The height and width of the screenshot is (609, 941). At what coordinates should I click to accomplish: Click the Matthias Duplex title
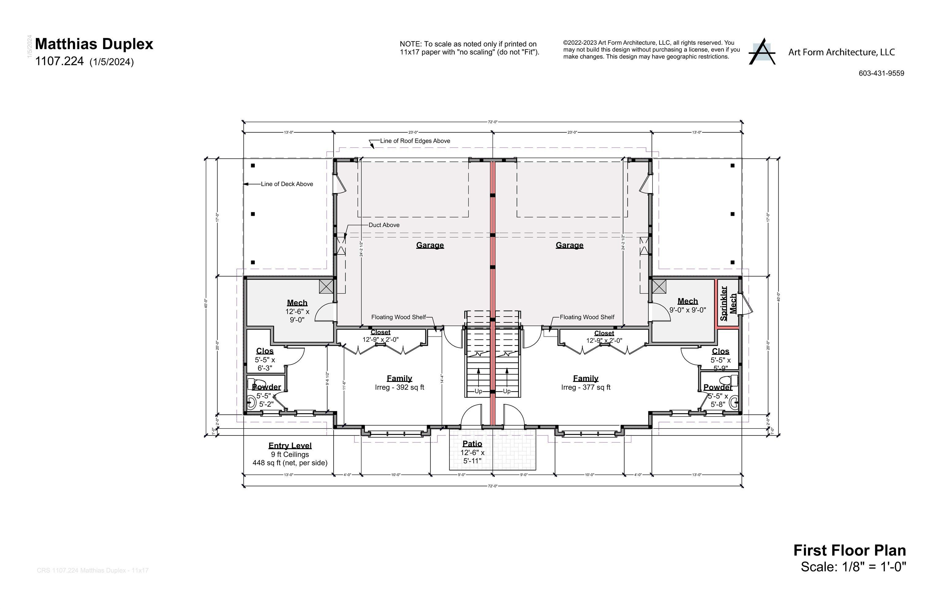(94, 44)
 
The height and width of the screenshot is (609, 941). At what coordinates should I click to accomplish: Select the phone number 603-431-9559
(881, 73)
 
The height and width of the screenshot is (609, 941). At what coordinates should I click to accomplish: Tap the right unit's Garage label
(569, 245)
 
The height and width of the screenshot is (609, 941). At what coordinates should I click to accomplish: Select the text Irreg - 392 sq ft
(399, 387)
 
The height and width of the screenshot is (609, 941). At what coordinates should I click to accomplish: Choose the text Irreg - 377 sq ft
(585, 387)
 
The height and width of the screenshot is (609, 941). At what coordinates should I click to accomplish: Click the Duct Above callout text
(384, 225)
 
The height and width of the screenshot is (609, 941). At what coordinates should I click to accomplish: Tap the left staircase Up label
(478, 391)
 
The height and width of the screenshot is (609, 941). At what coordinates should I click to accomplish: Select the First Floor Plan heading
(849, 550)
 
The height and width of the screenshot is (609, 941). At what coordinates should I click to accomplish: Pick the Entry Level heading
(290, 446)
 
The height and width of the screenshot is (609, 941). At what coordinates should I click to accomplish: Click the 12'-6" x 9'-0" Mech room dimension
(297, 316)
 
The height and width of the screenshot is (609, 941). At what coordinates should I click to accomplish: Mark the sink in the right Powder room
(734, 402)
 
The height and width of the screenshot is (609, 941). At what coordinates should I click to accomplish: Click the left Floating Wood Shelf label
(399, 317)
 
